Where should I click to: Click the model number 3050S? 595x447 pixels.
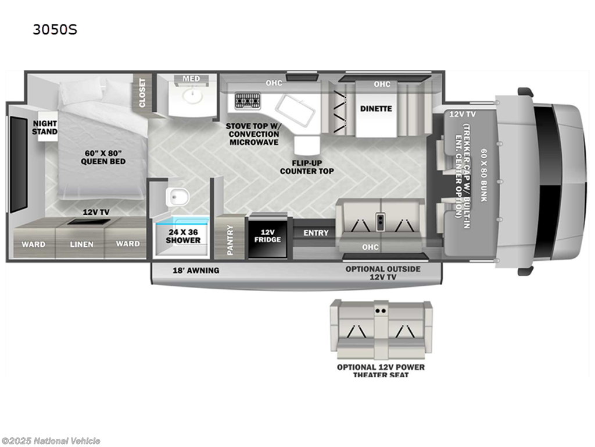55,29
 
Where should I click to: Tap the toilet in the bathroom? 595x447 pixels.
177,197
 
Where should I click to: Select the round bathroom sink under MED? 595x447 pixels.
192,96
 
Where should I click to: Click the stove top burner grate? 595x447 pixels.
248,101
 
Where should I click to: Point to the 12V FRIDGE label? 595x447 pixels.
267,236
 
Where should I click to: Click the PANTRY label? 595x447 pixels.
230,240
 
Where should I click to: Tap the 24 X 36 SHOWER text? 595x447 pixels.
183,236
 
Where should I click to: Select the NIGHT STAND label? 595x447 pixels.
45,127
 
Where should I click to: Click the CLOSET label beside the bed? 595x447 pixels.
142,93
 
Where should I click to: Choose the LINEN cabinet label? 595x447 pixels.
81,244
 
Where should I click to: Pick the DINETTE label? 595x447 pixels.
376,109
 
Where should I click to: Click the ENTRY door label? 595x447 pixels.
316,233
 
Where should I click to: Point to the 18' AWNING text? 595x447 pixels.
196,271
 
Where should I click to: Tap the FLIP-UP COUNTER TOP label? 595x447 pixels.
307,167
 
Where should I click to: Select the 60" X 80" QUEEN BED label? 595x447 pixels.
103,157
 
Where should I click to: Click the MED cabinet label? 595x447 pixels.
191,79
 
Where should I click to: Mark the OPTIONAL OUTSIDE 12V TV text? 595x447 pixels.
383,273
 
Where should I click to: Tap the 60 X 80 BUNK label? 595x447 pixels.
484,175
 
